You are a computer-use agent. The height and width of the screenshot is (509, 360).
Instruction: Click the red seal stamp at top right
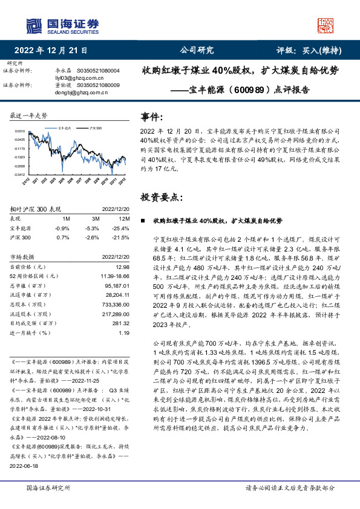(x=326, y=25)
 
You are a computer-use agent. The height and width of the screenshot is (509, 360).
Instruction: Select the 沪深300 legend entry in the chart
(x=93, y=129)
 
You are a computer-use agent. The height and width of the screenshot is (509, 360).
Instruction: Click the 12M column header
(x=124, y=218)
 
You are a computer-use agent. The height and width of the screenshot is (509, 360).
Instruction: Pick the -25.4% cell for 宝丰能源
(x=121, y=228)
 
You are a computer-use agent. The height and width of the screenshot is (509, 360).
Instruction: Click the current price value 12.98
(x=122, y=267)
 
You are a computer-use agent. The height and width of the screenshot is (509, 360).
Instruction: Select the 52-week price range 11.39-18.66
(x=114, y=276)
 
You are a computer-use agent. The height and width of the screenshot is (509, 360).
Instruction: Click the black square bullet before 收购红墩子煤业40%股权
(x=142, y=222)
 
